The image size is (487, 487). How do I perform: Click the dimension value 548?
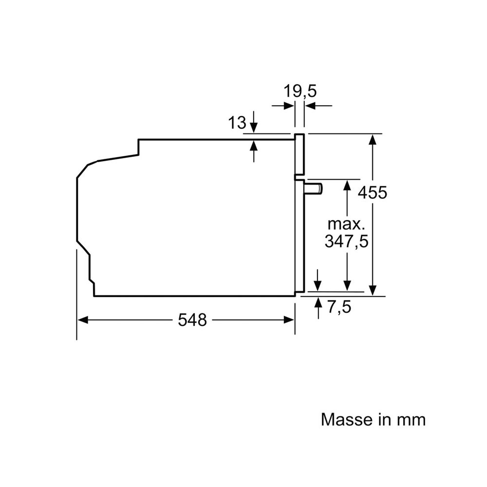[x=192, y=319]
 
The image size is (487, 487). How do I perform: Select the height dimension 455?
[x=373, y=192]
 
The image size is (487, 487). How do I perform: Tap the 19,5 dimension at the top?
[x=300, y=92]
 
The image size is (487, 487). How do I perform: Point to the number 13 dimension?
[x=237, y=122]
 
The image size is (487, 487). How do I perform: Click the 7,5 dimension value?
[x=339, y=307]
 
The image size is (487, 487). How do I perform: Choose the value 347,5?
[x=346, y=241]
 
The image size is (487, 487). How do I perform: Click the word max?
[x=345, y=224]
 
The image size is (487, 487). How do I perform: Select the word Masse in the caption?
[x=346, y=419]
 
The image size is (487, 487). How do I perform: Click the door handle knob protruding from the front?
[x=314, y=188]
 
